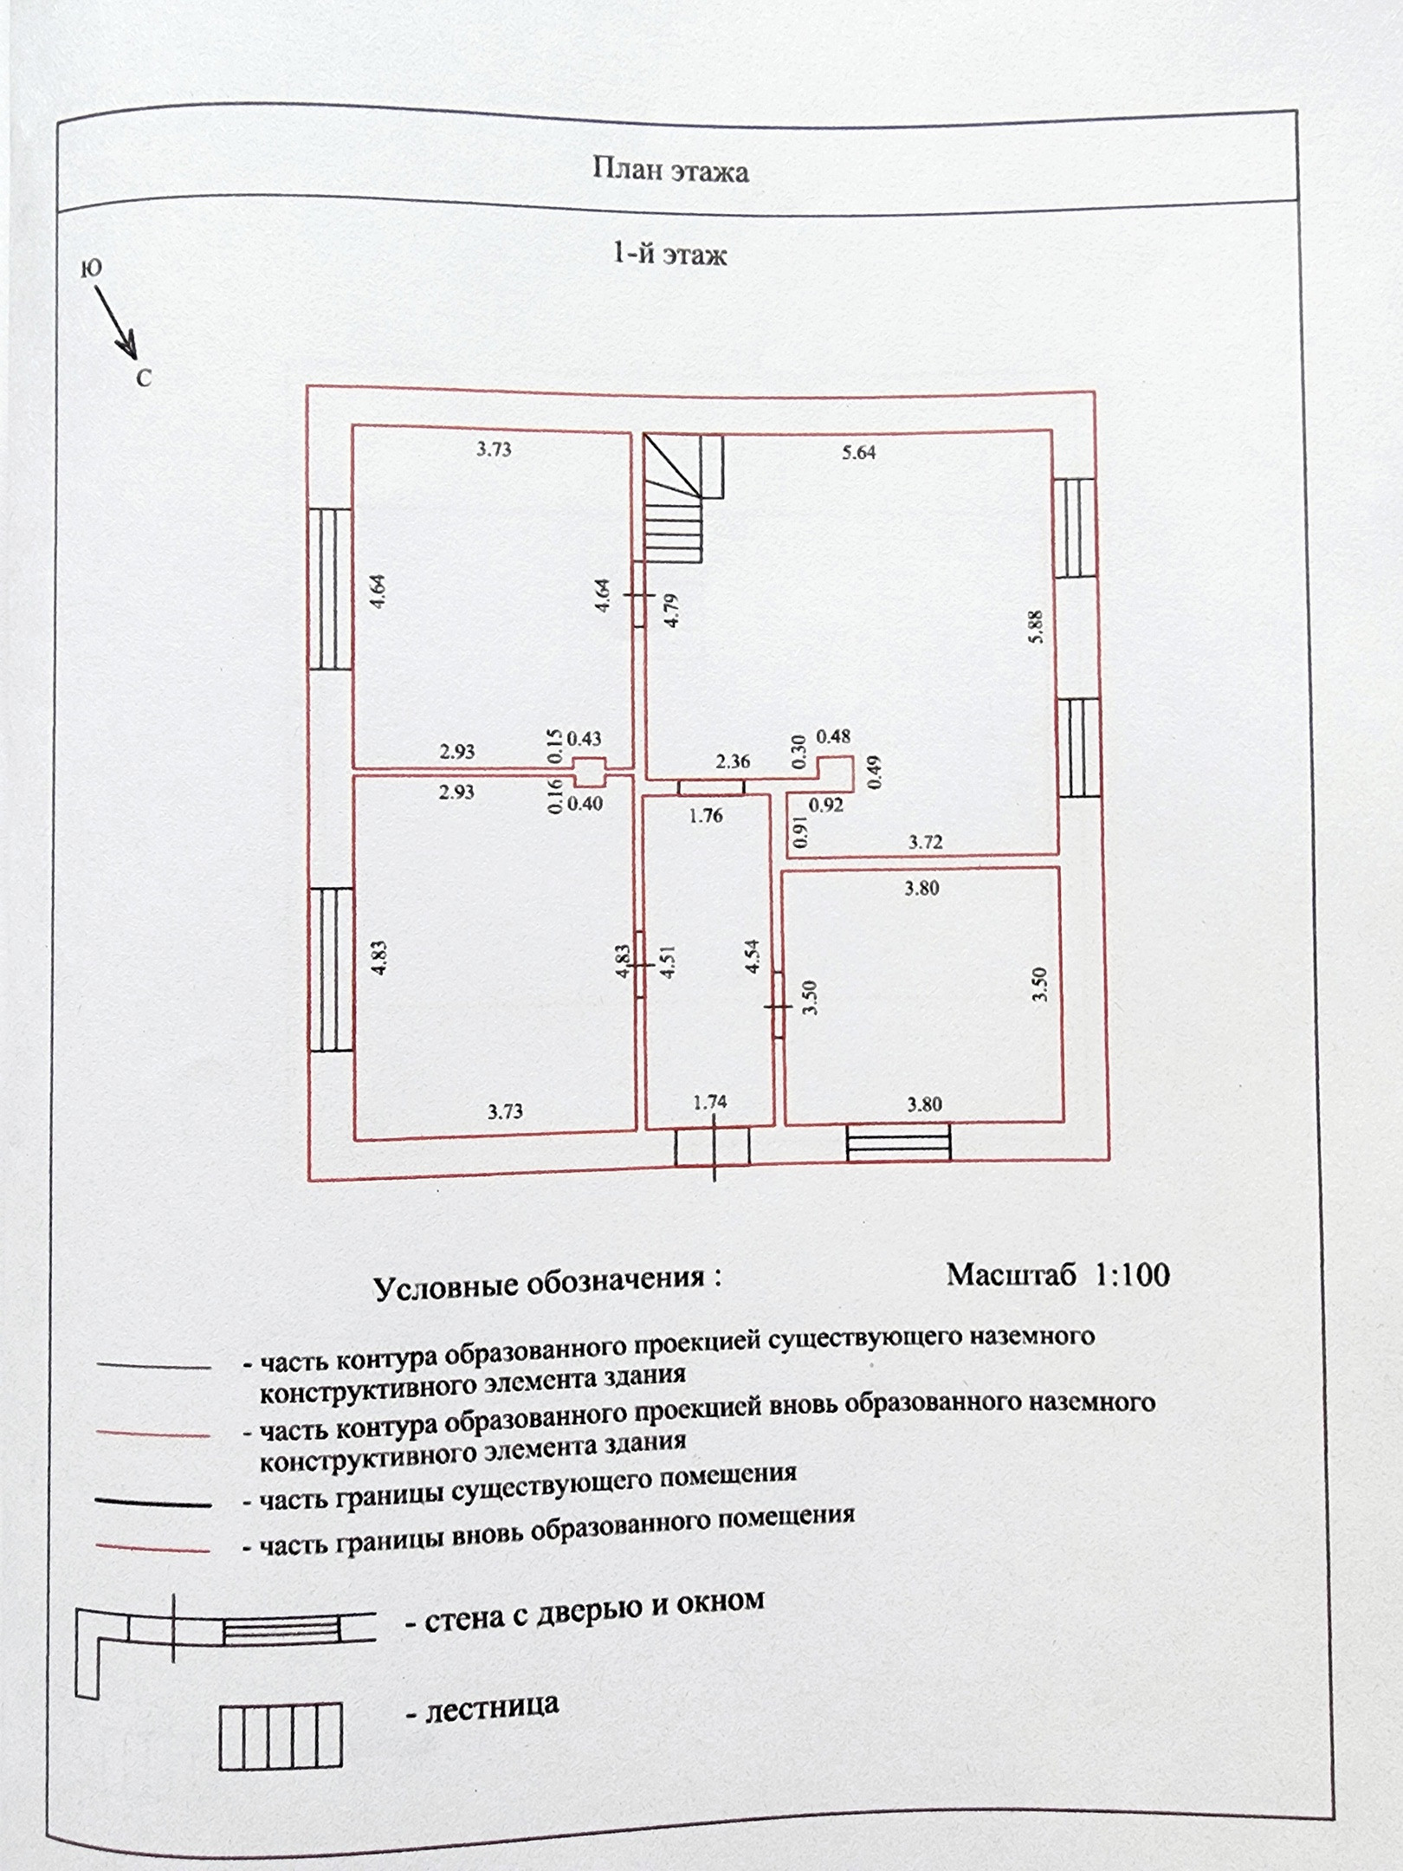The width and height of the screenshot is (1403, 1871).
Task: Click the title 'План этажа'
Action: point(670,170)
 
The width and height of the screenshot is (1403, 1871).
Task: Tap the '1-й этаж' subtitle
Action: point(669,254)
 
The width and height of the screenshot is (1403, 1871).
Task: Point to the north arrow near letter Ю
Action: point(114,321)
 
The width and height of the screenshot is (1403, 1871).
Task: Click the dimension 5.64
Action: point(858,451)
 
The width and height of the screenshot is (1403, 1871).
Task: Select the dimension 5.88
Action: point(1036,626)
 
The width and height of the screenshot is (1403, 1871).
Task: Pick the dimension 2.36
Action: point(733,761)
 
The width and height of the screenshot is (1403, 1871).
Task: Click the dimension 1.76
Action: point(706,815)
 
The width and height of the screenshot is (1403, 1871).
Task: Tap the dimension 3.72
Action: point(925,841)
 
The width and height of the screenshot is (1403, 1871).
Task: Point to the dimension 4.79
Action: point(671,610)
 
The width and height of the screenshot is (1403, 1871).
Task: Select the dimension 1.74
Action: point(709,1102)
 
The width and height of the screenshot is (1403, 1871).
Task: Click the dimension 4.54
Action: point(753,956)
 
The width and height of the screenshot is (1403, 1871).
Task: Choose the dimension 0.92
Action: point(825,805)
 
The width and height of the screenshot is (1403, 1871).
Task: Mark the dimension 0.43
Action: point(585,739)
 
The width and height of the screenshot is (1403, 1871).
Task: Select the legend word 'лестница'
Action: point(492,1707)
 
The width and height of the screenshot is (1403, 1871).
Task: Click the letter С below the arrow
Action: point(144,379)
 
